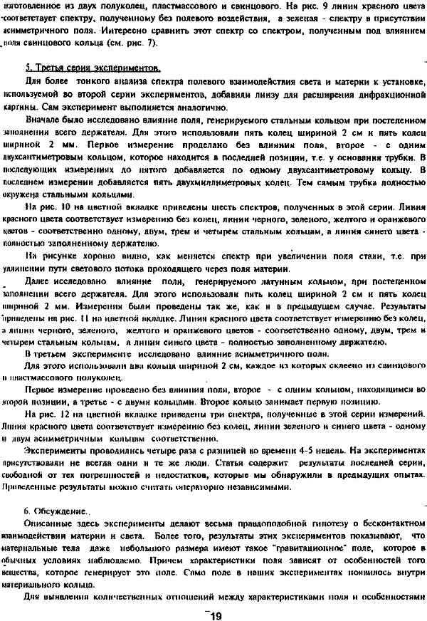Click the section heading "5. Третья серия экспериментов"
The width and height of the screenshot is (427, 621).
click(x=92, y=69)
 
